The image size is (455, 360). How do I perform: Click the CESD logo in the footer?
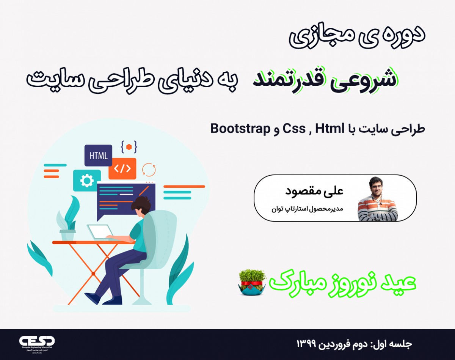[37, 341]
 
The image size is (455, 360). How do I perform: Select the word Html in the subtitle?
[328, 129]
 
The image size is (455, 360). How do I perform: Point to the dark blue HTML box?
[98, 156]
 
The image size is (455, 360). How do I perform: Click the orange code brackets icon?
[122, 168]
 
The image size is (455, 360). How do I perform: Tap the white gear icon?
[87, 181]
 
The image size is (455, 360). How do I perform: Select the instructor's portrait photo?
[378, 199]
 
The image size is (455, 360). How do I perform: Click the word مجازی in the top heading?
[323, 37]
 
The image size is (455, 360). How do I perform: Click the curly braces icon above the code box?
[129, 146]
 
